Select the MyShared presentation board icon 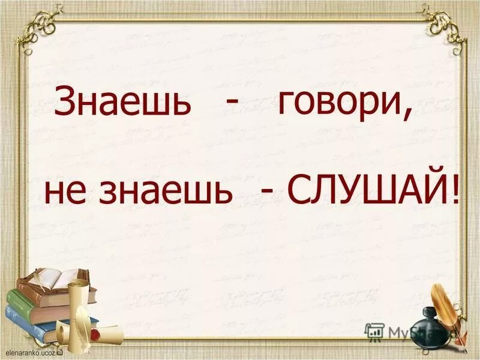pos(375,331)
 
